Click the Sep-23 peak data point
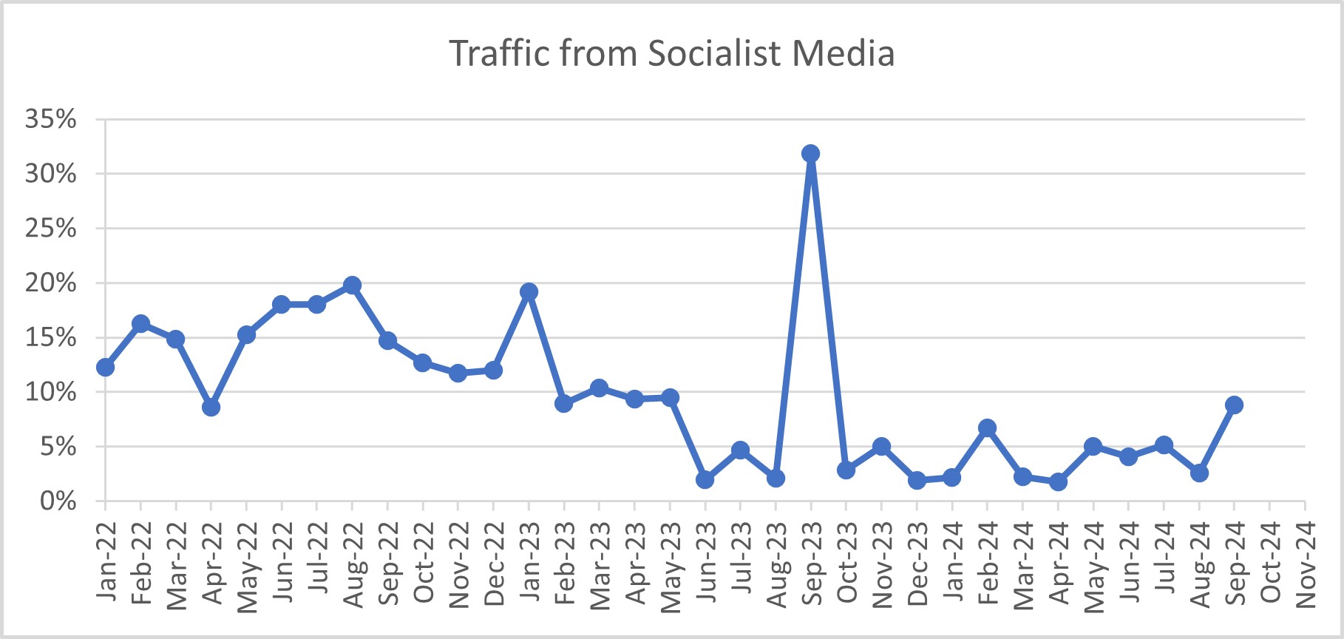(810, 154)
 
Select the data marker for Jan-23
(529, 292)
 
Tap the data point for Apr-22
(211, 408)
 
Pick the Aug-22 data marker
(352, 285)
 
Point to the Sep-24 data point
(1234, 405)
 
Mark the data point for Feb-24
(987, 428)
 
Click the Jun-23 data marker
(705, 479)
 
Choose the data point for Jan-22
(105, 367)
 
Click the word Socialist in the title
(714, 54)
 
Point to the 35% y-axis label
(51, 119)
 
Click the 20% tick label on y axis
(51, 283)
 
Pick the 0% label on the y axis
(58, 501)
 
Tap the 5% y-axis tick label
(58, 447)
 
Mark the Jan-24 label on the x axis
(952, 563)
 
